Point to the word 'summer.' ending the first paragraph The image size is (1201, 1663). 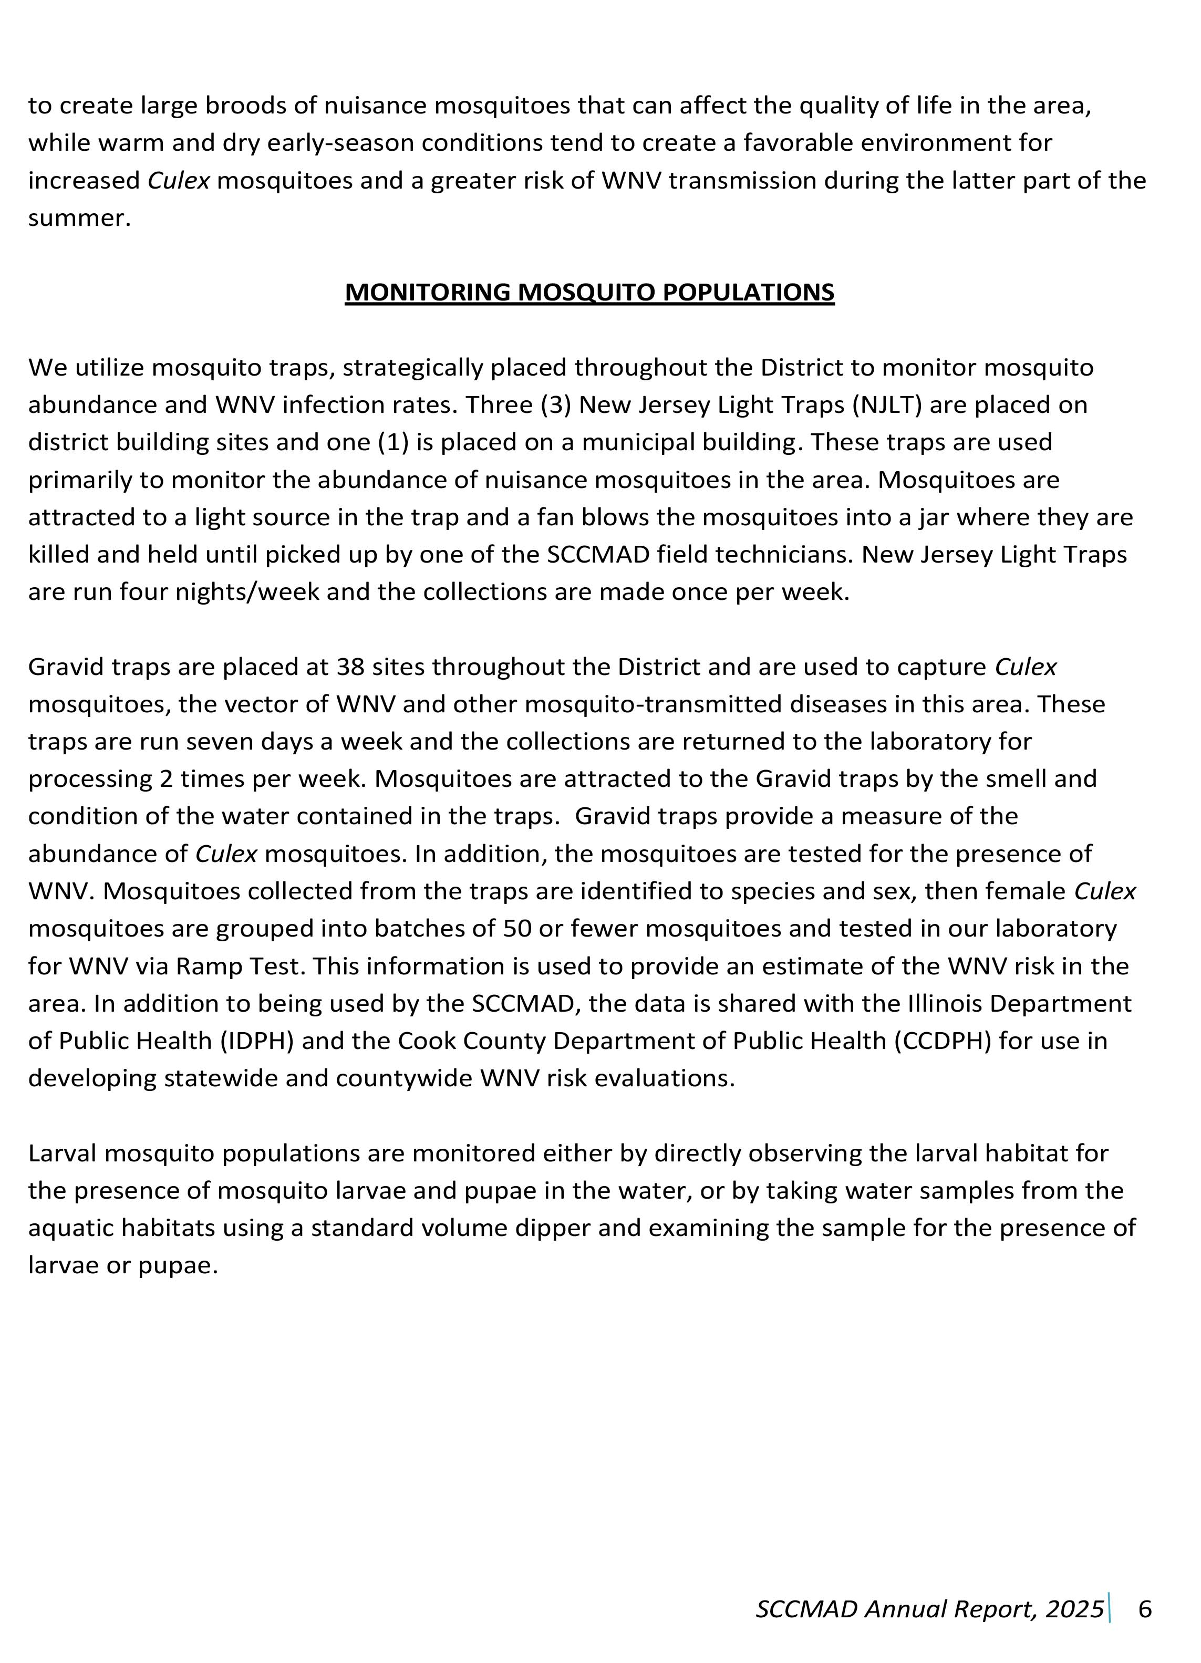(79, 218)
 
